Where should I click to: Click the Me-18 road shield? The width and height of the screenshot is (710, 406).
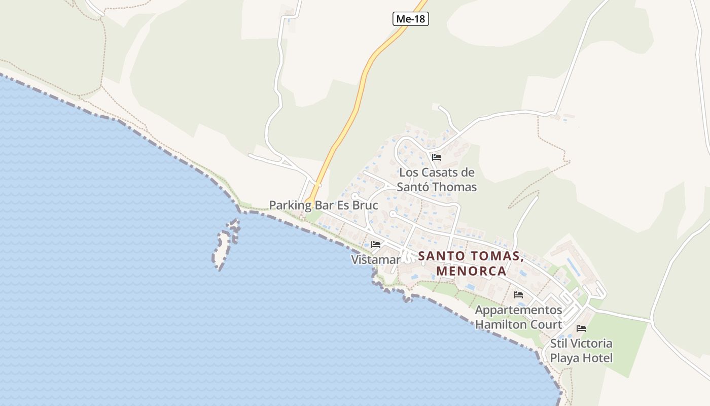point(411,19)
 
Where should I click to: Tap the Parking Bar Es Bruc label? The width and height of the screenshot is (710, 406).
point(324,206)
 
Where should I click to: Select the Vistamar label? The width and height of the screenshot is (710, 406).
point(376,260)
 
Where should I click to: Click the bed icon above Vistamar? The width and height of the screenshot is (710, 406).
point(376,245)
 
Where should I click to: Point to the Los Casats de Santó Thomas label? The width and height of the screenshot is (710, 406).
point(437,180)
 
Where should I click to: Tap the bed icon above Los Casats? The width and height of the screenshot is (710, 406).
point(437,157)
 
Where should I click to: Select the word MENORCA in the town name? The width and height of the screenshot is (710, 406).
point(471,271)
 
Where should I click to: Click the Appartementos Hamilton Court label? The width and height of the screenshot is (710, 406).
point(518,317)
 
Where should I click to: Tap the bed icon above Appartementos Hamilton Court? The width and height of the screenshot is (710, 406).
point(518,294)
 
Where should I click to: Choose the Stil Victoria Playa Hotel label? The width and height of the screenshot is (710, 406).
point(581,351)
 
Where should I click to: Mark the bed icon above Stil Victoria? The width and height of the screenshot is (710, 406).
point(581,328)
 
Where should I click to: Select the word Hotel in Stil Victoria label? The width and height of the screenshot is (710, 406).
point(596,358)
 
